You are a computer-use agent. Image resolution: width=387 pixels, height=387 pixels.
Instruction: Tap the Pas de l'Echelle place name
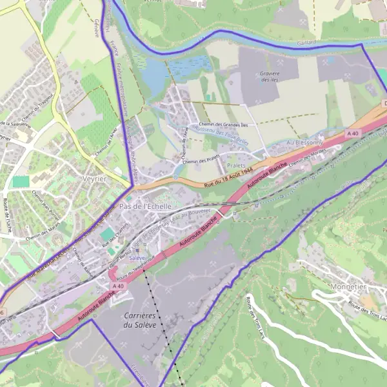click(x=146, y=206)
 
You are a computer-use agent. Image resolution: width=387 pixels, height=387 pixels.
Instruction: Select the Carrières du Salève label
click(x=139, y=320)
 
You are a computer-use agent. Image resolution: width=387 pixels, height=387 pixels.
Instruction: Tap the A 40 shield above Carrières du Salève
click(x=117, y=285)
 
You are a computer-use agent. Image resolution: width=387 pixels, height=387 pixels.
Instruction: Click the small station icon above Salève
click(x=136, y=250)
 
